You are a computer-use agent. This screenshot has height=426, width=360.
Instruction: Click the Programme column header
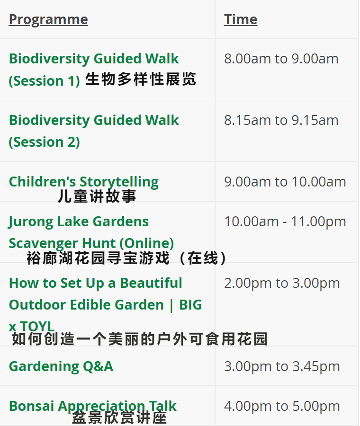click(x=48, y=20)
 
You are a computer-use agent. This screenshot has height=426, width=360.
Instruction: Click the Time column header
click(x=241, y=19)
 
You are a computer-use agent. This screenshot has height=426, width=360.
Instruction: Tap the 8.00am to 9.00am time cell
click(x=281, y=59)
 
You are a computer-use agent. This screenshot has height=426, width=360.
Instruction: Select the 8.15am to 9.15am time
click(x=281, y=120)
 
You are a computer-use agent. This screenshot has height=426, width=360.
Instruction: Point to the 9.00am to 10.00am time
click(x=285, y=182)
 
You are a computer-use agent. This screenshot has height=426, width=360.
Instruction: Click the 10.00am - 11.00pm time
click(x=285, y=222)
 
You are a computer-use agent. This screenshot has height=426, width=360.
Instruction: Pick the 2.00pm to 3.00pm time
click(x=282, y=284)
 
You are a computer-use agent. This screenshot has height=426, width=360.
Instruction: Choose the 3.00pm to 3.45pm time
click(x=282, y=366)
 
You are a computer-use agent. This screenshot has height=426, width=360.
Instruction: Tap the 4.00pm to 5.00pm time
click(x=282, y=407)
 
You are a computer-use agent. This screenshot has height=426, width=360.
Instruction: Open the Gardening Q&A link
click(x=61, y=366)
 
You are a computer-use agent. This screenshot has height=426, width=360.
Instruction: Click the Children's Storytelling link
click(x=84, y=182)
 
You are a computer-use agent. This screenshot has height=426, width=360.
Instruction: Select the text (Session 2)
click(x=45, y=142)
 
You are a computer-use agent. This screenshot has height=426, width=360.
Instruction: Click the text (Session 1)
click(x=45, y=80)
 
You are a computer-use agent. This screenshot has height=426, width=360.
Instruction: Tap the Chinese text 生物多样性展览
click(x=141, y=80)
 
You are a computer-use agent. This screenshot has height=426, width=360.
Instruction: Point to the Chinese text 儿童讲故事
click(x=97, y=196)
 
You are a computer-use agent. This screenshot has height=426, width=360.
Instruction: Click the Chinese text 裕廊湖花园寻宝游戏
click(x=98, y=258)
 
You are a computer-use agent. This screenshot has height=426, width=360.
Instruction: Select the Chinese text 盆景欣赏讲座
click(x=119, y=417)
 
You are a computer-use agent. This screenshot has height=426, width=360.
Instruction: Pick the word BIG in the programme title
click(x=190, y=305)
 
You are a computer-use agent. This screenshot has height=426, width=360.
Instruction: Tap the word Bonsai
click(x=32, y=406)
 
